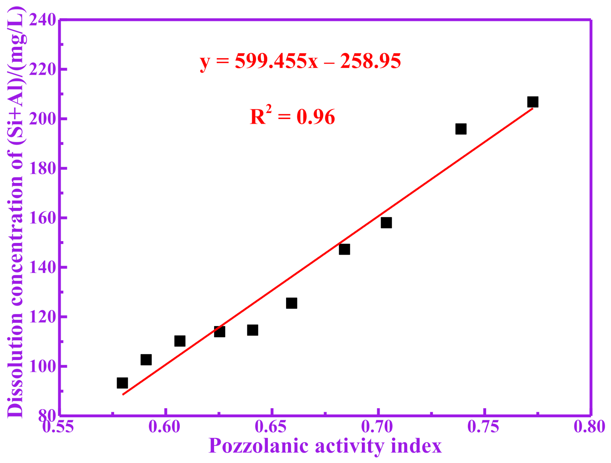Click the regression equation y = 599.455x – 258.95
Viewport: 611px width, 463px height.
tap(300, 61)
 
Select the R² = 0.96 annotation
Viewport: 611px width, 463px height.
tap(292, 117)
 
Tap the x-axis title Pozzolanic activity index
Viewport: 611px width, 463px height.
tap(325, 446)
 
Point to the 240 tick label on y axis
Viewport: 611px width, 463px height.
tap(43, 20)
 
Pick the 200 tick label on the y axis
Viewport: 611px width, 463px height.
tap(43, 119)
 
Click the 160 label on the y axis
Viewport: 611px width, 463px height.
tap(43, 218)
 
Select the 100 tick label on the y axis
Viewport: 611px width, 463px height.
tap(43, 366)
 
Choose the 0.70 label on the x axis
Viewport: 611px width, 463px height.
tap(377, 427)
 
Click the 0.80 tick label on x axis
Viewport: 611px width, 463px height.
tap(589, 427)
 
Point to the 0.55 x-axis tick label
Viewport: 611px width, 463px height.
tap(58, 427)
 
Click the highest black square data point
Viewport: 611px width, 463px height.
tap(533, 102)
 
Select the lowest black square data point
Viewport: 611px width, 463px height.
tap(122, 383)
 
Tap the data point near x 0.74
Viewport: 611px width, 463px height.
tap(461, 129)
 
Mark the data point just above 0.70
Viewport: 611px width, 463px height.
tap(386, 223)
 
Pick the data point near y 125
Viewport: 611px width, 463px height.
tap(292, 303)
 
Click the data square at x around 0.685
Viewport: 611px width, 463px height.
tap(344, 249)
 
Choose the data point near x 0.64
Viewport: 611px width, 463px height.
tap(253, 330)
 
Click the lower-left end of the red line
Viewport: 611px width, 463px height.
tap(123, 394)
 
